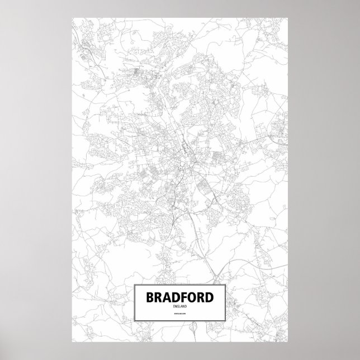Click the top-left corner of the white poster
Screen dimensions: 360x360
click(x=73, y=16)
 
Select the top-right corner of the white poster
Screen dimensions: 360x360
click(x=288, y=16)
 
